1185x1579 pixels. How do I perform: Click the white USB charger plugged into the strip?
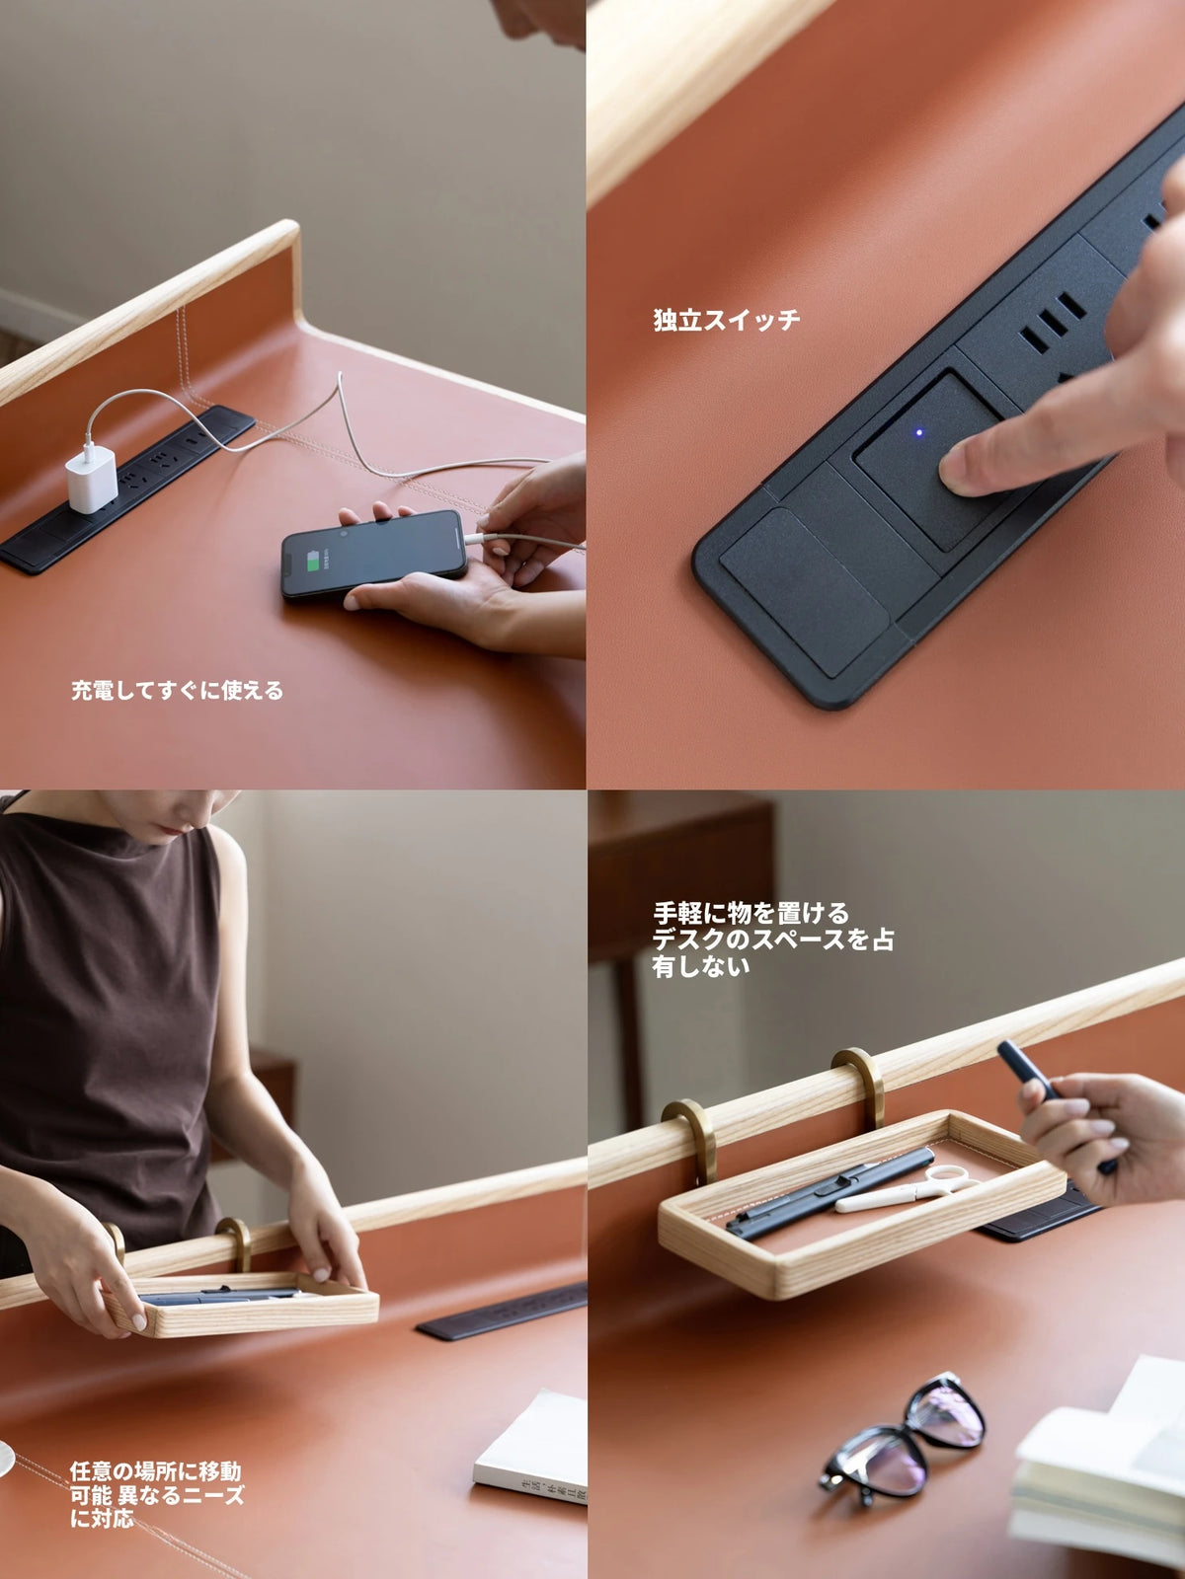[92, 478]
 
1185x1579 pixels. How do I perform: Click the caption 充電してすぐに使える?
[177, 691]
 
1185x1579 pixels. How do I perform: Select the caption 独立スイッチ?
[726, 320]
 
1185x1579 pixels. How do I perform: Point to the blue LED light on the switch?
[919, 431]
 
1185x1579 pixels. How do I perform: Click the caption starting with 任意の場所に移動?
[156, 1494]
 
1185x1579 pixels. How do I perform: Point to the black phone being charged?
[373, 555]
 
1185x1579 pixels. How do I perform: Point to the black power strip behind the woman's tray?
[504, 1314]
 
